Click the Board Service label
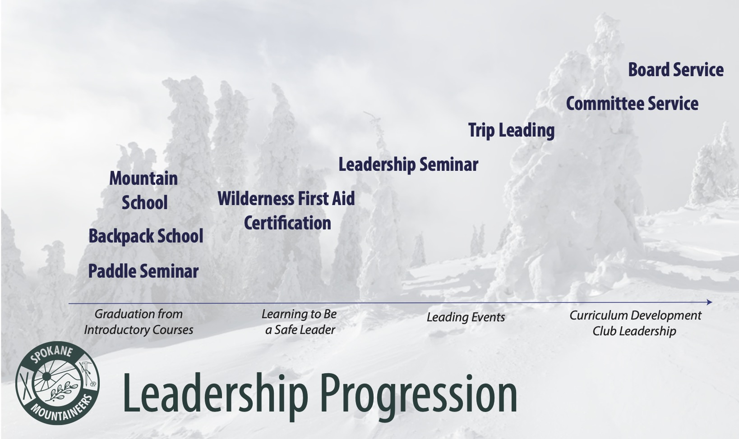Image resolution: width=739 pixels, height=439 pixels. [676, 69]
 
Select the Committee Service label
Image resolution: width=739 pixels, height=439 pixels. [632, 104]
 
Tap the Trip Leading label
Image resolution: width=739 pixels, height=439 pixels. [511, 131]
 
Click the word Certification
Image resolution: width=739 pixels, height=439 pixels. [287, 223]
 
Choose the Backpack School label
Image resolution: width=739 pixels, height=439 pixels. [146, 236]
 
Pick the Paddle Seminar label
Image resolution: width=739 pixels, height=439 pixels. [143, 271]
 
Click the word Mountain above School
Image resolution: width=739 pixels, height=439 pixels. [143, 178]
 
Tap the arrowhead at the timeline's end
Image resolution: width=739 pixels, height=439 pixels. [709, 302]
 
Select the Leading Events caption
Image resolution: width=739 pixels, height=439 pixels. [466, 317]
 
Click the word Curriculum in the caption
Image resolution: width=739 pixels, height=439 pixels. [589, 316]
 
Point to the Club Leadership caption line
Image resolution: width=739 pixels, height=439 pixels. [634, 331]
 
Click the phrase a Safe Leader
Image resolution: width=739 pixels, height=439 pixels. [300, 329]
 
